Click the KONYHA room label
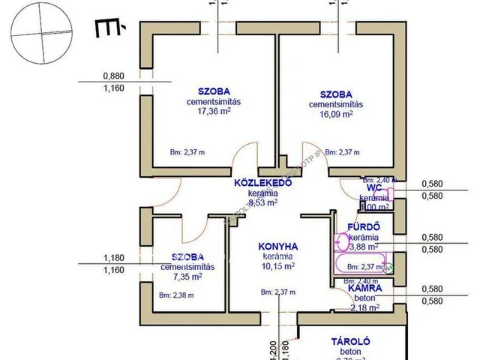tap(278, 245)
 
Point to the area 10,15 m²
tap(278, 265)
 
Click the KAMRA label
tap(365, 287)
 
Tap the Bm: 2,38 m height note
tap(177, 295)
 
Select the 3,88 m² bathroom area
tap(363, 245)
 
